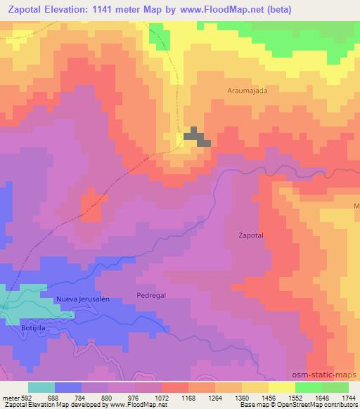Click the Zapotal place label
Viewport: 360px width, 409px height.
coord(250,236)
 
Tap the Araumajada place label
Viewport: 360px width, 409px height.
coord(248,91)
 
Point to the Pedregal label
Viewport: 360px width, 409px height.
coord(150,296)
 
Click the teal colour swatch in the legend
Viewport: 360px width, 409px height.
coord(41,387)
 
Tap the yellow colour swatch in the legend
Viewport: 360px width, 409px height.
coord(281,387)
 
